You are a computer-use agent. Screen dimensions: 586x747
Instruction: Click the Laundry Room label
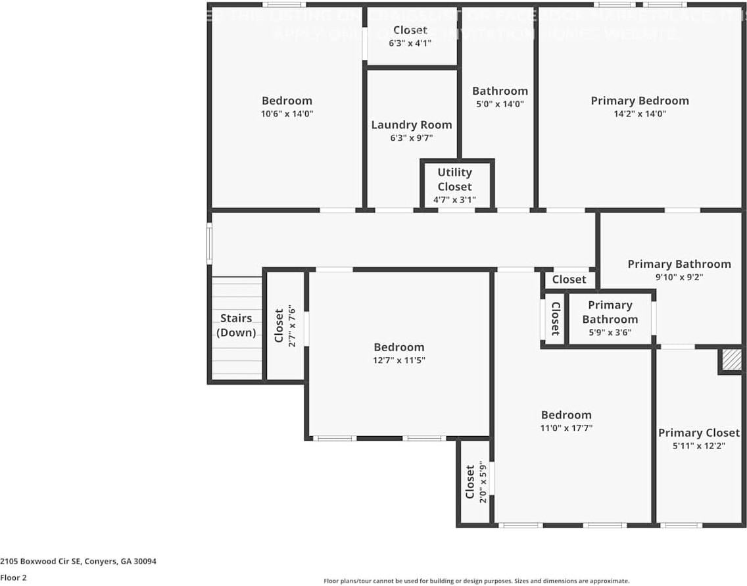[412, 125]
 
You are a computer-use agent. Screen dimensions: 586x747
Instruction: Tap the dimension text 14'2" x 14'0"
[640, 113]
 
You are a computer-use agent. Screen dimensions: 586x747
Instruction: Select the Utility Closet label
[455, 179]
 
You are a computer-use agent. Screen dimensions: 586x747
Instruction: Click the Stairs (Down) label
[236, 325]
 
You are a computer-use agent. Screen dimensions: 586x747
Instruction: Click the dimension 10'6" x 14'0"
[287, 113]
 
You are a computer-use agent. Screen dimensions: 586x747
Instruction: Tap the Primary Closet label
[699, 433]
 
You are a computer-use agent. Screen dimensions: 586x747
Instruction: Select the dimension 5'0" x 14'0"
[500, 104]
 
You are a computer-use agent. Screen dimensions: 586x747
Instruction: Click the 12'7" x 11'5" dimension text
[399, 360]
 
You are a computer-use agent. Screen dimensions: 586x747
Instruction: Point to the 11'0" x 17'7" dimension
[566, 427]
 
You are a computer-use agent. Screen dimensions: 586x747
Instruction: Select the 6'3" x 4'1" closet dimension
[410, 43]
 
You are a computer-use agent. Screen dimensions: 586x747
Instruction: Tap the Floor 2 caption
[14, 577]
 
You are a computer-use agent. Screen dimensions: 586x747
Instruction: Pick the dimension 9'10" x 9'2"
[679, 277]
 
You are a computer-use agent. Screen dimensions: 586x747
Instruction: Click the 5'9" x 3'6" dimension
[610, 332]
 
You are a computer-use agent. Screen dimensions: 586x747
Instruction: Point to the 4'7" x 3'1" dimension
[455, 199]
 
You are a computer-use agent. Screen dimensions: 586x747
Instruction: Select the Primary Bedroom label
[640, 101]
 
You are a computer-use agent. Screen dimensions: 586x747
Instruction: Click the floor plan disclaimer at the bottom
[476, 581]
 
